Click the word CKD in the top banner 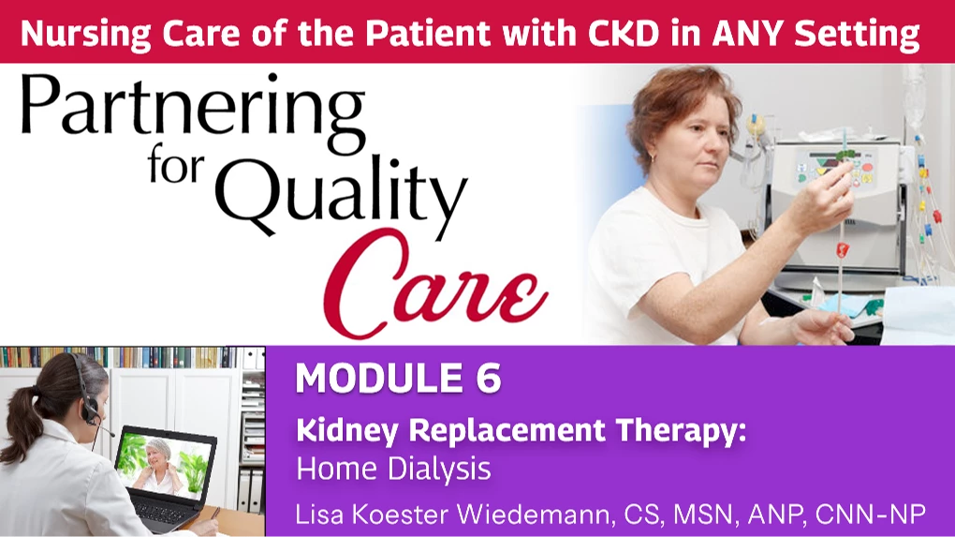pos(623,34)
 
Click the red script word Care pos(434,283)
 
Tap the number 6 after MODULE pos(488,378)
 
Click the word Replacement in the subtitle pos(507,430)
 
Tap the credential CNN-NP pos(871,515)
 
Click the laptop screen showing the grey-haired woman pos(165,464)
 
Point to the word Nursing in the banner pos(85,35)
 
